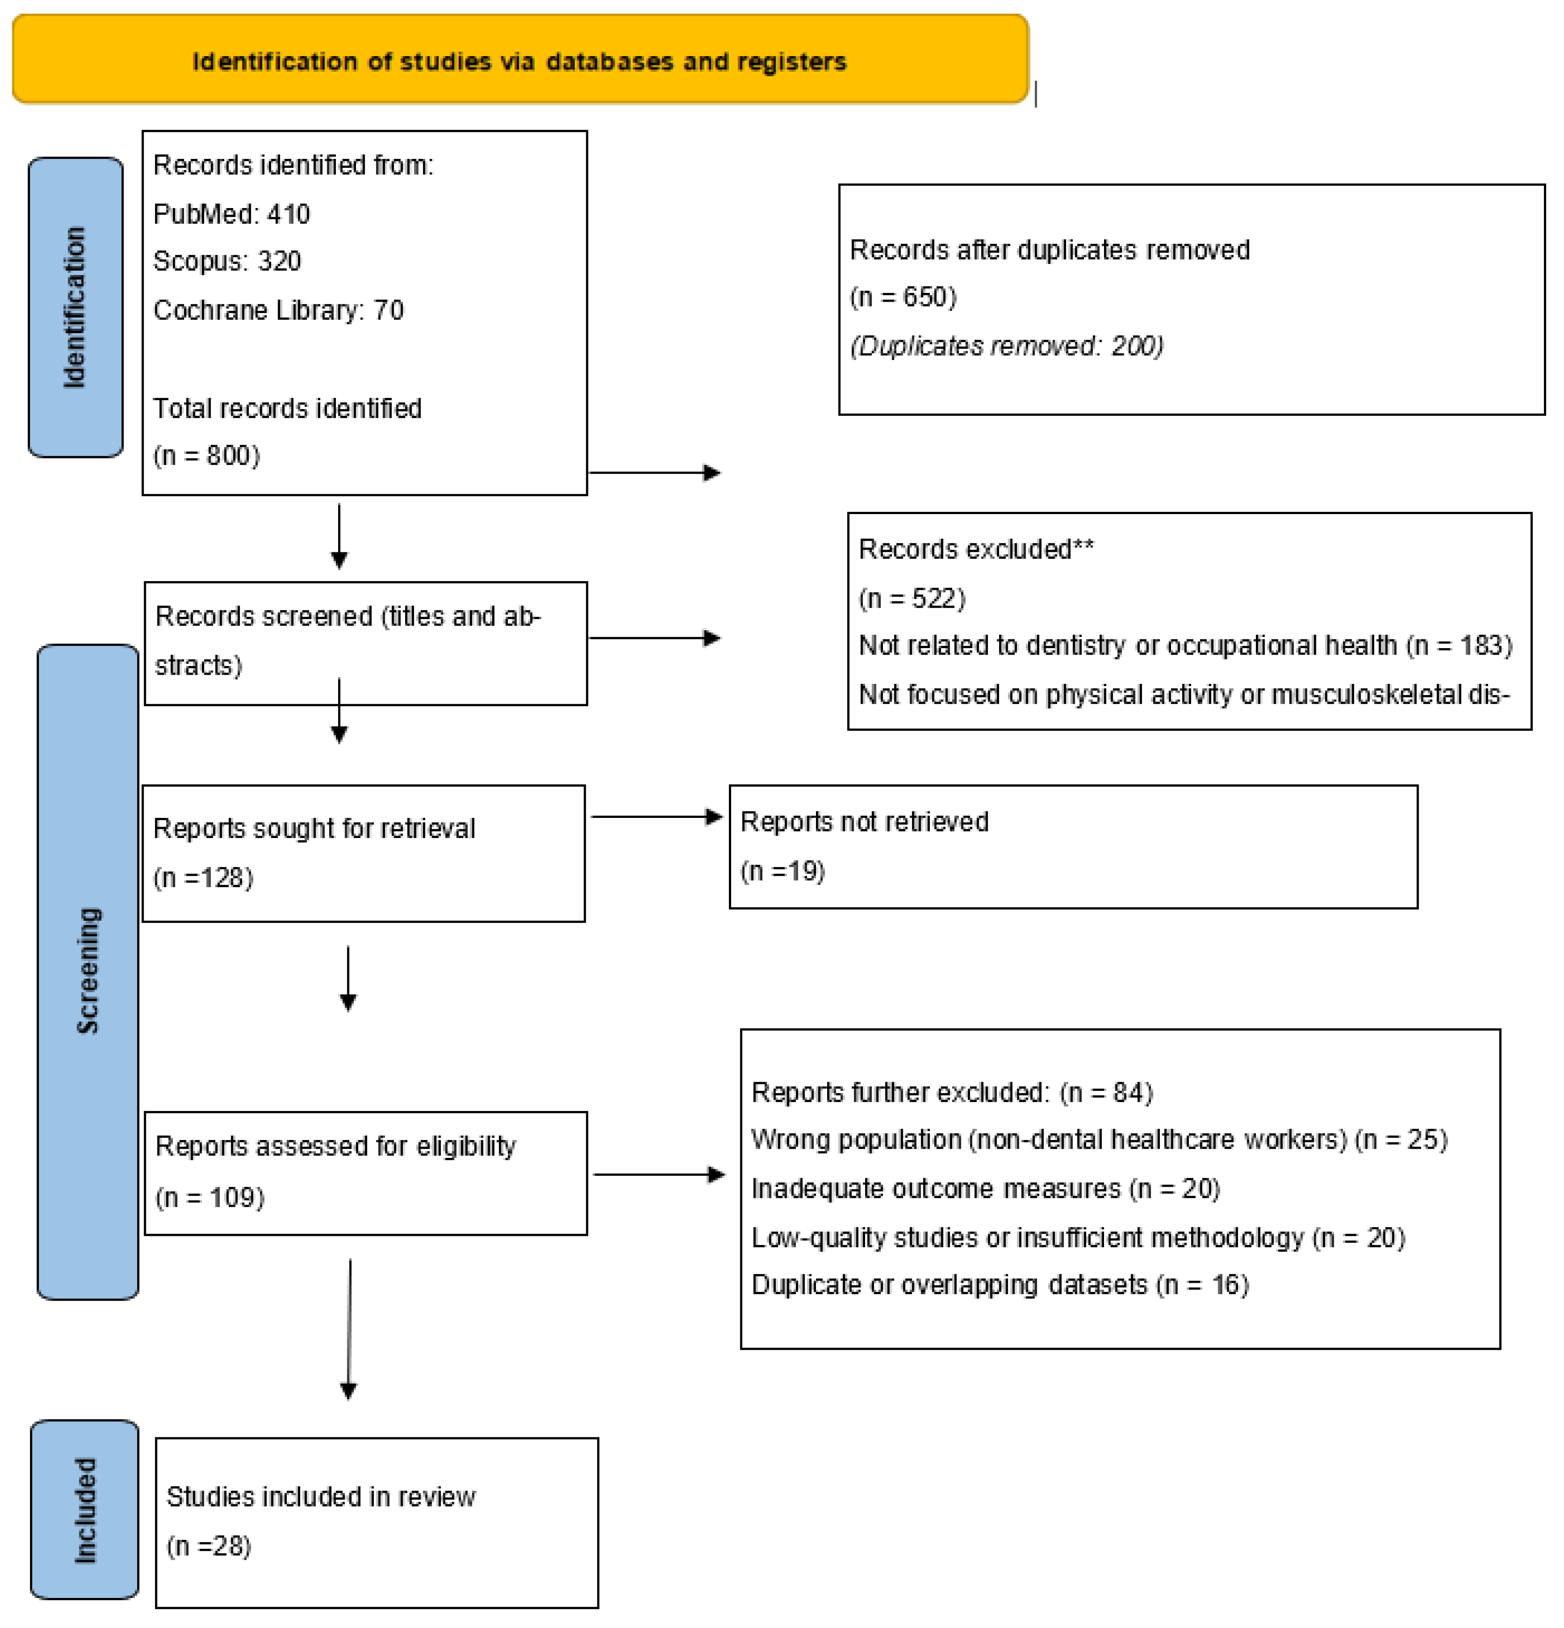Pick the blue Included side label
(x=85, y=1509)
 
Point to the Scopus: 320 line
(x=227, y=261)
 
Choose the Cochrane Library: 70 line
(x=278, y=310)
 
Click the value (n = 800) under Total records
(x=207, y=455)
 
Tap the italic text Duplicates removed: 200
(x=1006, y=346)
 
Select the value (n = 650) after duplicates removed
(x=903, y=296)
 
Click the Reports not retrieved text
(x=864, y=821)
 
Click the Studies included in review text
(x=321, y=1497)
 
